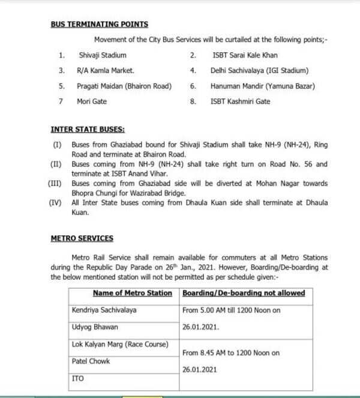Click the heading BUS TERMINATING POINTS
click(x=99, y=25)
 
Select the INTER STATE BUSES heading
click(x=88, y=129)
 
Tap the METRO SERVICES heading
click(x=82, y=238)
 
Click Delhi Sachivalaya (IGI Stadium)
click(x=259, y=71)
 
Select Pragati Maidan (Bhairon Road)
click(x=124, y=86)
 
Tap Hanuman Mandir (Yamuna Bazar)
click(x=262, y=86)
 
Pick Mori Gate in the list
click(x=91, y=101)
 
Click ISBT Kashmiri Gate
click(x=241, y=101)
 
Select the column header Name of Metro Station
click(x=132, y=293)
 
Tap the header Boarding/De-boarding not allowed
click(x=243, y=293)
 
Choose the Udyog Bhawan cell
click(x=94, y=327)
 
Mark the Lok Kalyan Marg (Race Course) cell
click(x=120, y=344)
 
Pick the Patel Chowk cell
click(x=91, y=361)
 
